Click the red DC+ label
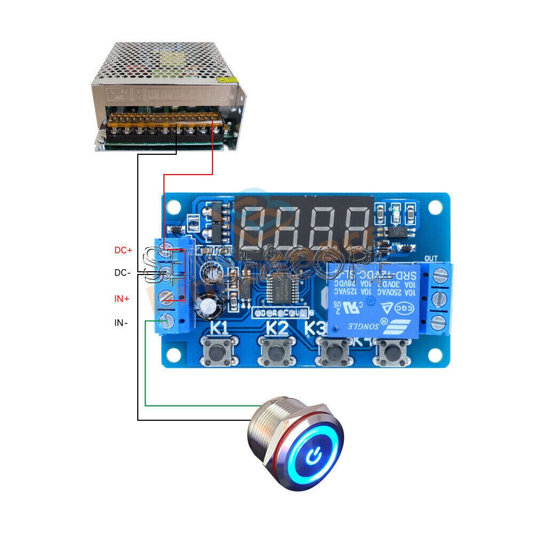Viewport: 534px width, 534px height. [123, 250]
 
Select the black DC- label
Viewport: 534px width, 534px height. [122, 273]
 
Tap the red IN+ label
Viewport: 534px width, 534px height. [122, 299]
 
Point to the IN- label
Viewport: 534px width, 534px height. [121, 323]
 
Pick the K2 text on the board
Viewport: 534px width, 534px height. [277, 327]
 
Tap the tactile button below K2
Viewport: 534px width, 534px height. [276, 352]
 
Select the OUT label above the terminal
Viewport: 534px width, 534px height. [431, 258]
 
